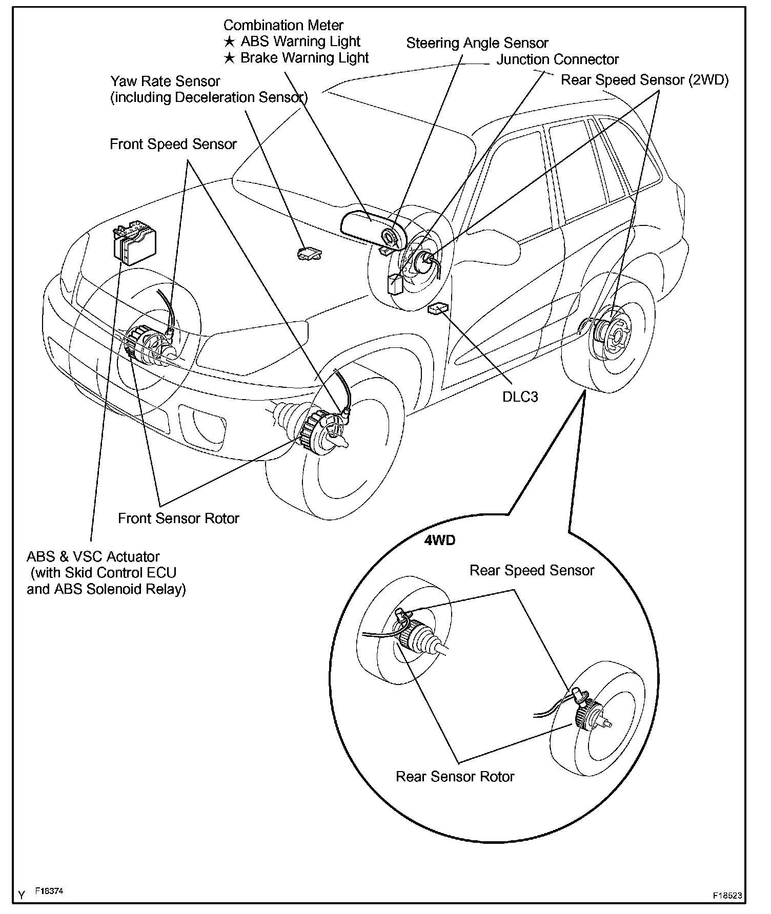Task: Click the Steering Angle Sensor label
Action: [477, 43]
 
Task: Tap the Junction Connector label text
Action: [557, 59]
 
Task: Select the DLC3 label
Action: [520, 397]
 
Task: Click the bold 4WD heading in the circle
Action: [439, 541]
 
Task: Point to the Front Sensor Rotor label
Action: [178, 518]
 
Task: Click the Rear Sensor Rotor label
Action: [455, 777]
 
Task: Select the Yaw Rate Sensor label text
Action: [165, 81]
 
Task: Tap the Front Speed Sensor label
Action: [173, 144]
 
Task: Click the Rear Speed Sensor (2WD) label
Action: [644, 80]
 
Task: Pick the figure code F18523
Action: [727, 896]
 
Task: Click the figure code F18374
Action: [49, 891]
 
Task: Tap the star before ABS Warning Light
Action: [230, 42]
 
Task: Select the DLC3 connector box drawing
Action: [437, 307]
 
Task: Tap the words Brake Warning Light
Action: [305, 58]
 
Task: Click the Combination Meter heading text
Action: [283, 25]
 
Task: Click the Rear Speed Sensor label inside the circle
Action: [532, 571]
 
